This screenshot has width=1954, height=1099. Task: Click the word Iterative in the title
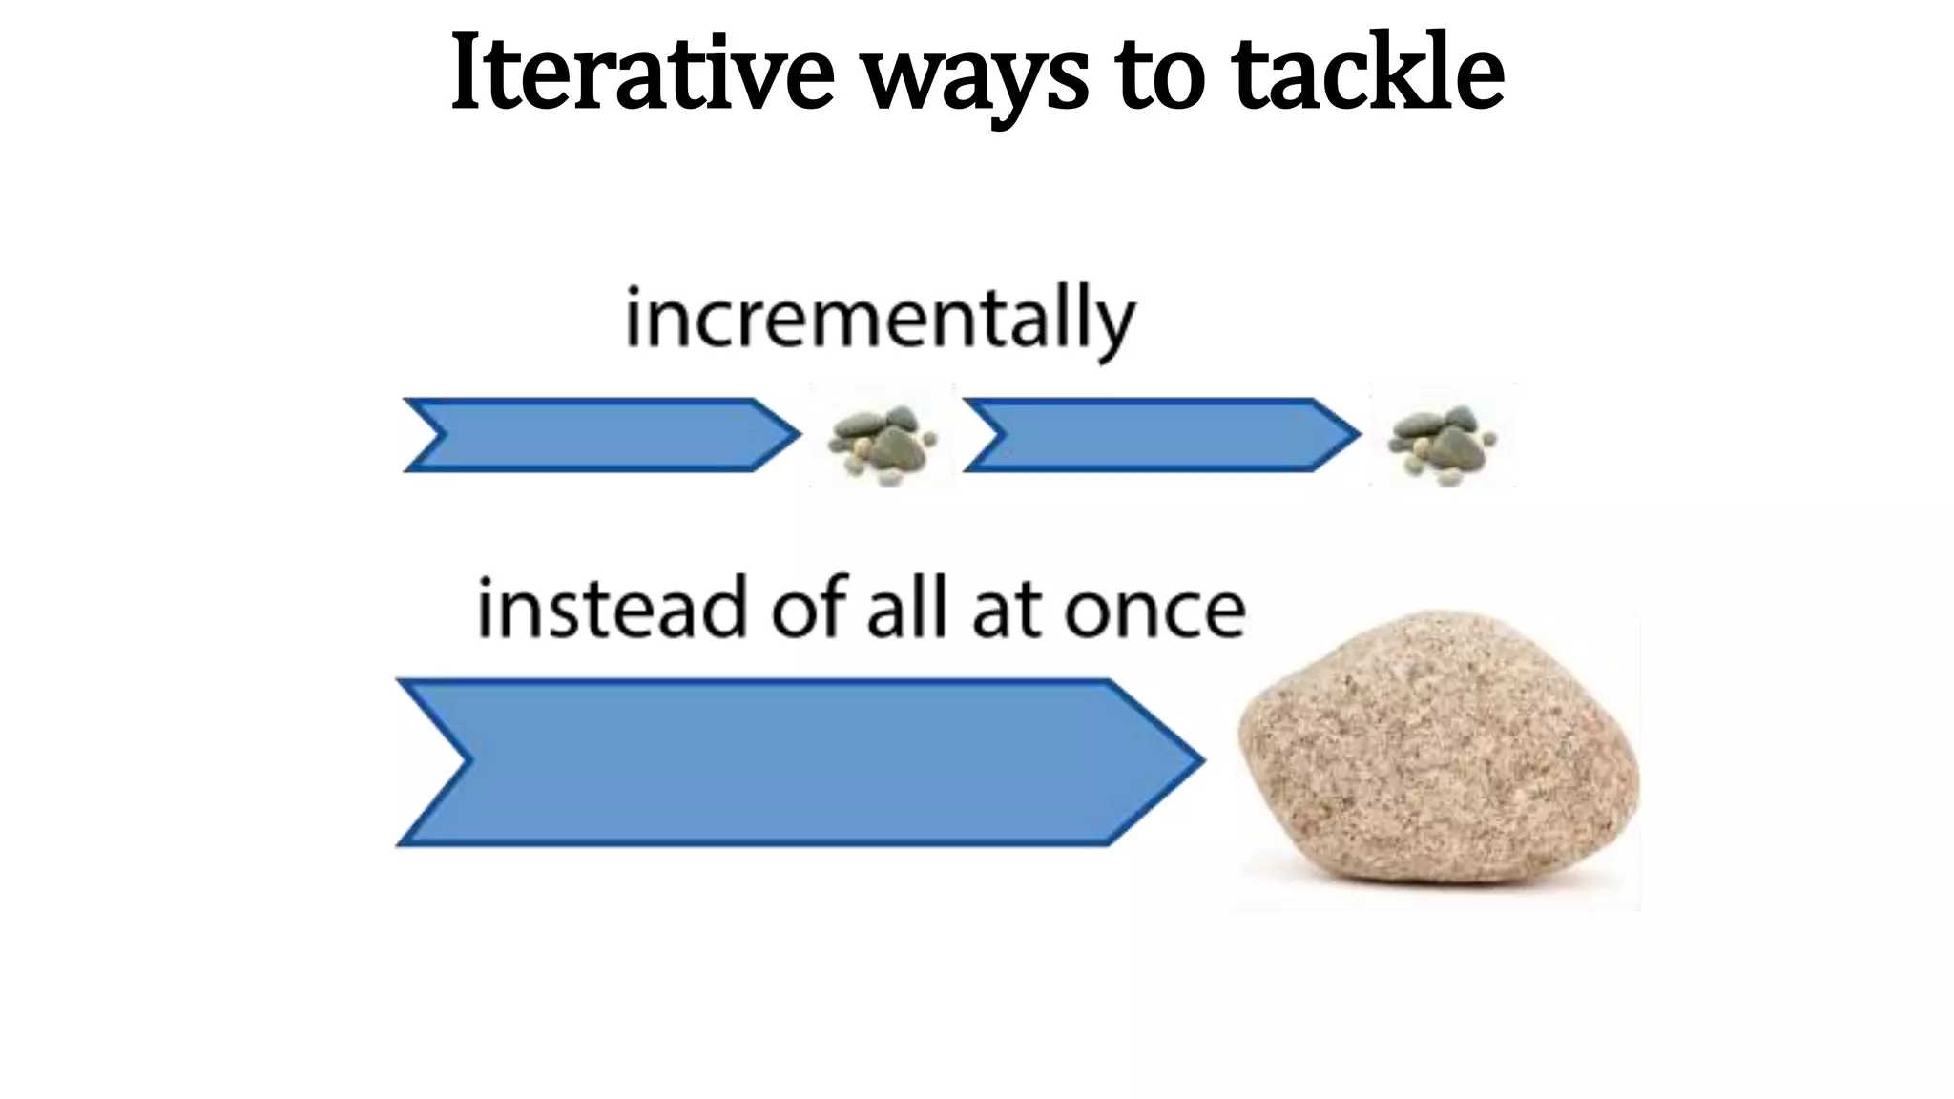pyautogui.click(x=642, y=73)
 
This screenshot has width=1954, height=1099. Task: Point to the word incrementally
pyautogui.click(x=880, y=319)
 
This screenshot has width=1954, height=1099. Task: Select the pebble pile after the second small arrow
pyautogui.click(x=1442, y=440)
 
